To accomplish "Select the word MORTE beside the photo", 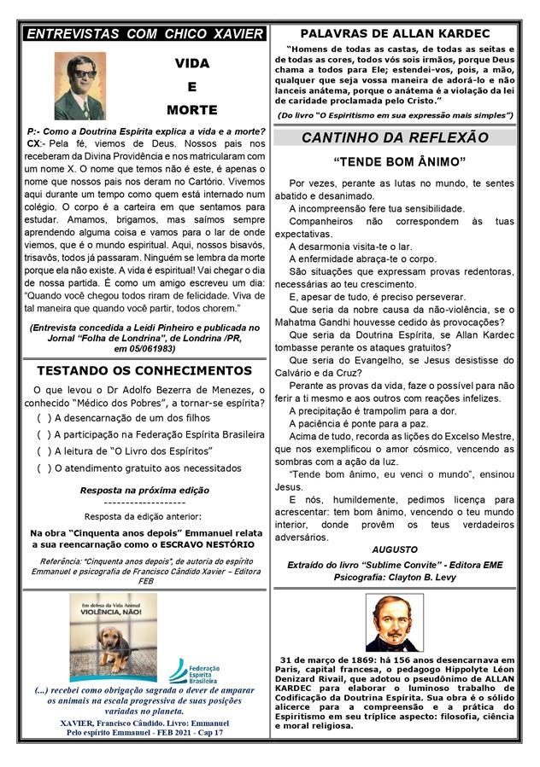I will tap(192, 110).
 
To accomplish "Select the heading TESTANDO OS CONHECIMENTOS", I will tap(144, 370).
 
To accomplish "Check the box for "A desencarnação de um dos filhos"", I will tap(44, 417).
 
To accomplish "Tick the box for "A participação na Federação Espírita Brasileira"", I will tap(44, 434).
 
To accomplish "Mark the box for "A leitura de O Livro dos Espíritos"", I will tap(44, 450).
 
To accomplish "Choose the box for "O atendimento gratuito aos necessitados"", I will tap(44, 468).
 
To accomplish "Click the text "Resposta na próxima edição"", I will tap(144, 491).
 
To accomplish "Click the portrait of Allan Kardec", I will tap(396, 622).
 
